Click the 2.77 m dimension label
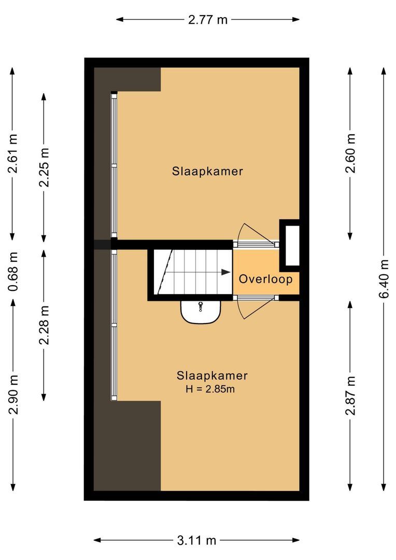point(207,20)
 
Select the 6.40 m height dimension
point(383,279)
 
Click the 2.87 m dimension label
point(351,396)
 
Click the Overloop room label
point(265,279)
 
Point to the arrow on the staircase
point(224,272)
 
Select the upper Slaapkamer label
point(207,171)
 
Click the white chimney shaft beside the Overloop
point(290,245)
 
